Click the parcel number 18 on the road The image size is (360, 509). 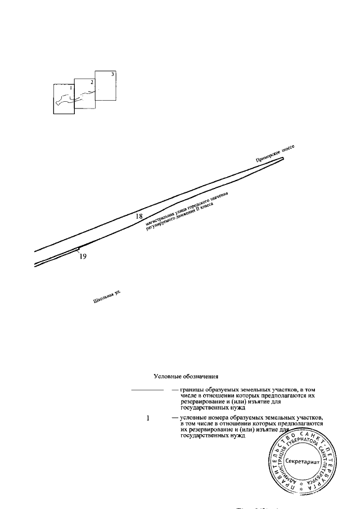139,215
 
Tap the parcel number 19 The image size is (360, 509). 83,256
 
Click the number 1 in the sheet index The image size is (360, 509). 71,88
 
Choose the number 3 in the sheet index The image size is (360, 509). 112,74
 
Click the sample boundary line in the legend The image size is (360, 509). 146,389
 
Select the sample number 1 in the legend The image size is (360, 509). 148,418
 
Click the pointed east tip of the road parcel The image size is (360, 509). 283,159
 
